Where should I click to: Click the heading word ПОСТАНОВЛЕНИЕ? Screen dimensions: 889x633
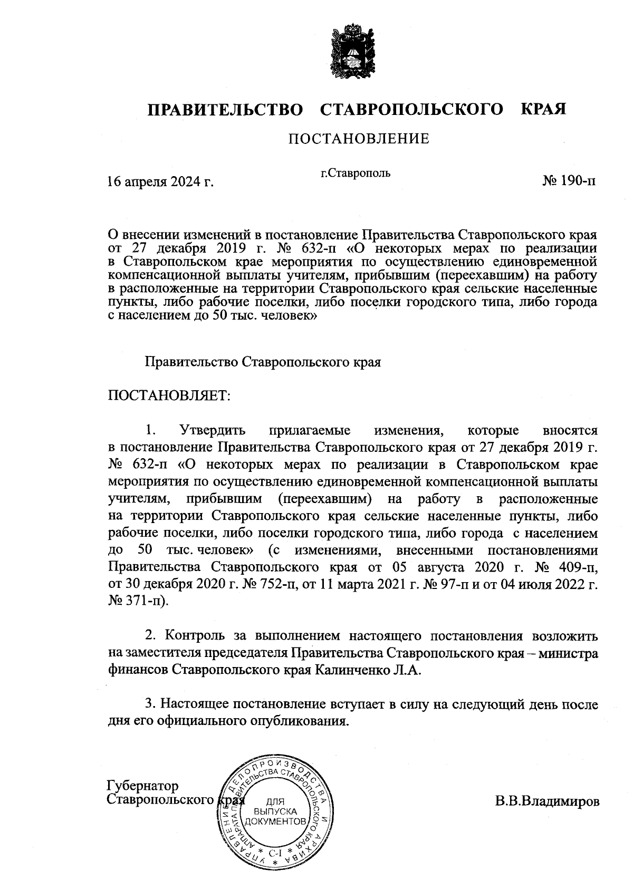click(358, 139)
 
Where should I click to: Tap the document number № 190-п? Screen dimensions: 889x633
click(569, 181)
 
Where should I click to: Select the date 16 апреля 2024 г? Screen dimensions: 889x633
click(160, 182)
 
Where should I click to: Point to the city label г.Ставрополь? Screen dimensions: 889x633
click(356, 172)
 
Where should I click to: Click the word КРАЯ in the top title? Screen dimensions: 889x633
click(543, 110)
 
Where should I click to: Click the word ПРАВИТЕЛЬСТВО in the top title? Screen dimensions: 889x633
click(225, 110)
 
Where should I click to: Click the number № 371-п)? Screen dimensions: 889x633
click(139, 601)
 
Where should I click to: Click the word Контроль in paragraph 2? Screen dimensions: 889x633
click(196, 636)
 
